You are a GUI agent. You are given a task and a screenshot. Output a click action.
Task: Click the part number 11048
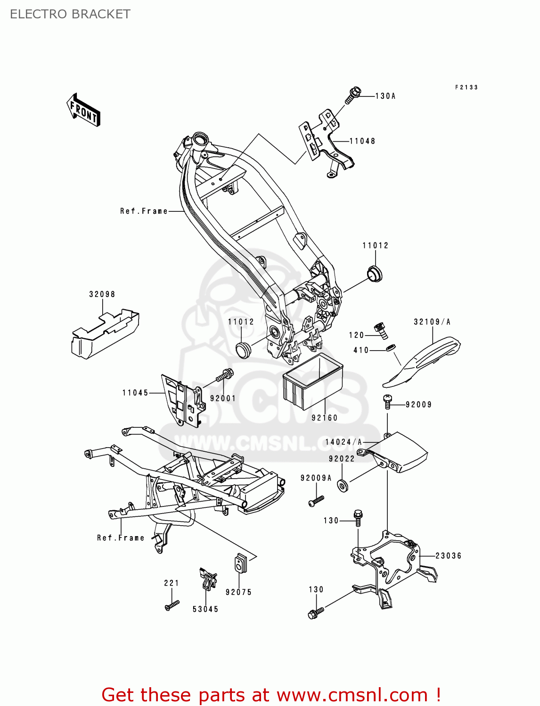(362, 141)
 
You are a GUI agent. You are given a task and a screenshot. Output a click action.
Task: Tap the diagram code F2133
(466, 88)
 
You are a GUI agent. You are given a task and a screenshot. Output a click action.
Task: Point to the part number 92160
(325, 418)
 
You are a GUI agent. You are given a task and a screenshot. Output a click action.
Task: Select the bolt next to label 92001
(225, 376)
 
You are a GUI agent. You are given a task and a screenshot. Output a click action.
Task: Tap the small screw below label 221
(172, 605)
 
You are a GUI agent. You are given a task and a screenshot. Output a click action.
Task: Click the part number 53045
(205, 610)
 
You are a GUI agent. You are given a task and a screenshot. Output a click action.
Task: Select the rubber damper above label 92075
(241, 563)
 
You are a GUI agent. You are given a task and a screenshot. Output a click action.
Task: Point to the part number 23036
(448, 556)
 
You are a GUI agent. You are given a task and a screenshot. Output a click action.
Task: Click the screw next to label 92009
(387, 401)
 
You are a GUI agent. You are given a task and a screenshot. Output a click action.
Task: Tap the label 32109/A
(432, 322)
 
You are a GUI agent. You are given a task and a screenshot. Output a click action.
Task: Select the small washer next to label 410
(390, 348)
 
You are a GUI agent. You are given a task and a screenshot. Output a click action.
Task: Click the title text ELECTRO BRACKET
(70, 14)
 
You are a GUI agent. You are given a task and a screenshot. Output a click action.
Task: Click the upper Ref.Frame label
(144, 211)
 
